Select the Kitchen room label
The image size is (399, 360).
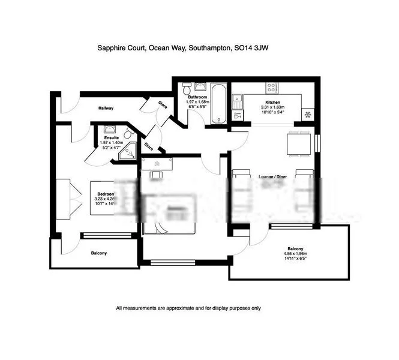tap(272, 103)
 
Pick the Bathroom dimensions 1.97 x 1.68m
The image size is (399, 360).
tap(198, 102)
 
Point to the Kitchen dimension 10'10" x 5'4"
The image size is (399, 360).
tap(272, 112)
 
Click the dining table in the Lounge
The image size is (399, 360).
tap(298, 145)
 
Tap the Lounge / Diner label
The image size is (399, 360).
tap(271, 177)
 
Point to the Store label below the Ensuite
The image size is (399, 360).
tap(148, 146)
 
